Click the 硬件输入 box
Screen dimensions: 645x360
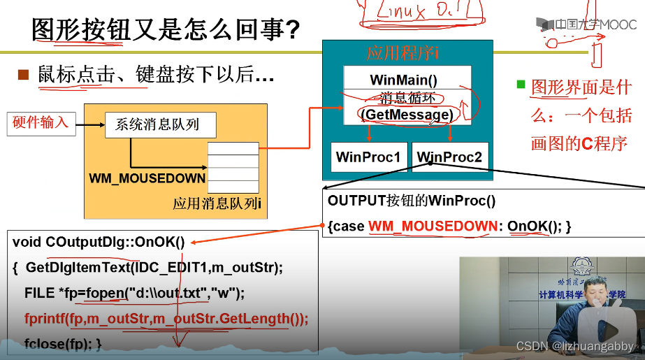[41, 123]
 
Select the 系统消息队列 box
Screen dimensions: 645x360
[160, 125]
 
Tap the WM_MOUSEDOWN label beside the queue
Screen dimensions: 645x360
[147, 178]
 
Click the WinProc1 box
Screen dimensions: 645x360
[368, 157]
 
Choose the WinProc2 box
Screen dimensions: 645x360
[449, 157]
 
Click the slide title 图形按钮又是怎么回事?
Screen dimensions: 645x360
[166, 29]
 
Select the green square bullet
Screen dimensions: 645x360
[520, 85]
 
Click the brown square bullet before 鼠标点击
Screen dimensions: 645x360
[23, 74]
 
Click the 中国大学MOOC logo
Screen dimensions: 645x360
[586, 24]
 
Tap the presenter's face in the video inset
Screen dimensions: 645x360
[597, 289]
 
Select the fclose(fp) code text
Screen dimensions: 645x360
[63, 343]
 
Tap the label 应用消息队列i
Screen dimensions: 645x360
[217, 204]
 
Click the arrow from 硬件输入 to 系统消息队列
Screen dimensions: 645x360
[89, 126]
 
